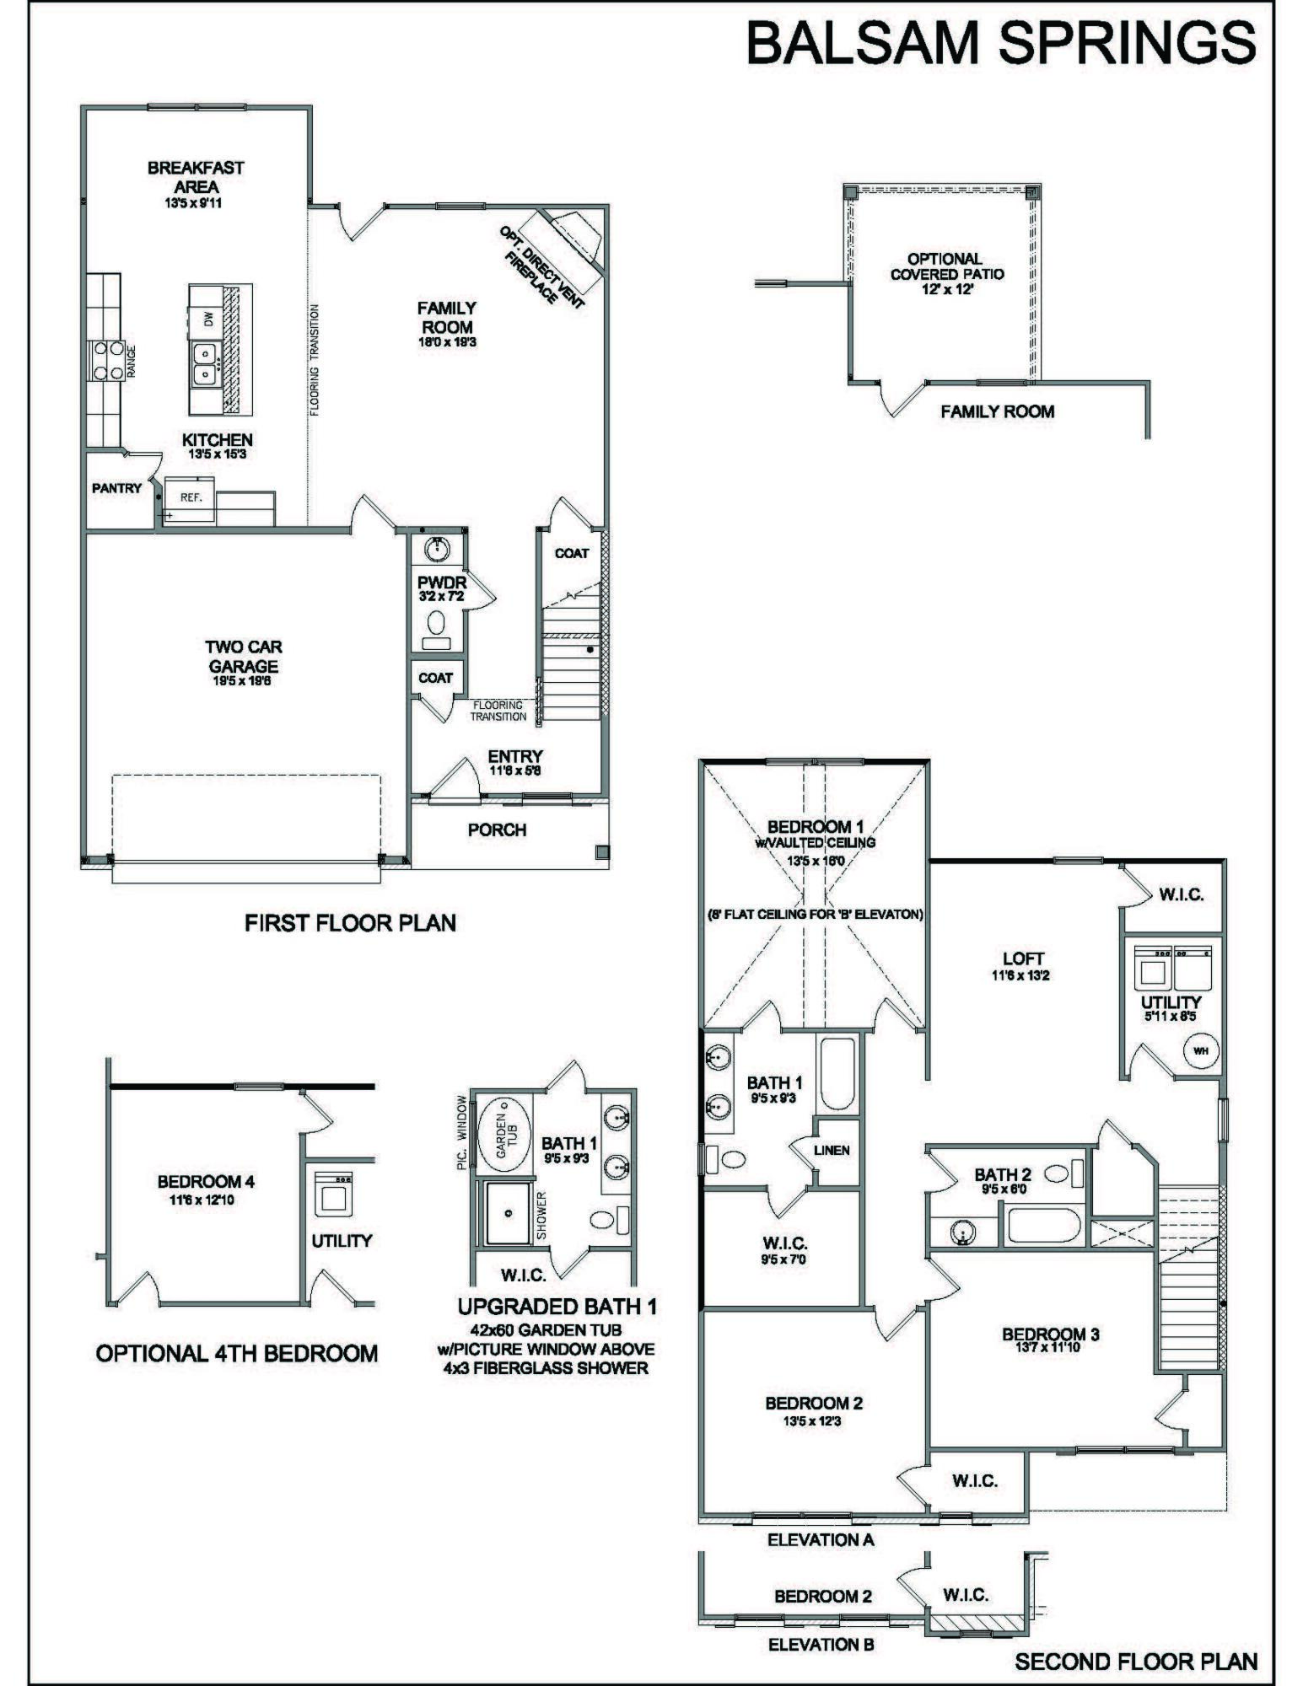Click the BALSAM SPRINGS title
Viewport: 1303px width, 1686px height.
(1000, 43)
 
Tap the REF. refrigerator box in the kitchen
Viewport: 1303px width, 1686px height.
(191, 497)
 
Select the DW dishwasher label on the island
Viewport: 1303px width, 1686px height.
(207, 319)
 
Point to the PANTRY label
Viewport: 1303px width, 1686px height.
(116, 488)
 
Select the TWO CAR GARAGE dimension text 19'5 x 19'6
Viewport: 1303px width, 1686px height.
(243, 680)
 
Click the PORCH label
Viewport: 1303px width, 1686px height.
(497, 830)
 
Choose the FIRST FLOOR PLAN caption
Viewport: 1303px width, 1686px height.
(350, 923)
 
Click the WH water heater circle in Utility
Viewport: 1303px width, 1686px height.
(1200, 1051)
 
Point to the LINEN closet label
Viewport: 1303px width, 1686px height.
(832, 1150)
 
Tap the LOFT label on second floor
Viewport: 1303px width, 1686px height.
(1023, 958)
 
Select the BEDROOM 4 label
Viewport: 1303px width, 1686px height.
(206, 1182)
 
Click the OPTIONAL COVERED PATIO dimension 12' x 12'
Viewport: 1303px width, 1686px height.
(947, 288)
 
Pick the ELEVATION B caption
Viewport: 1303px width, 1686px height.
(821, 1644)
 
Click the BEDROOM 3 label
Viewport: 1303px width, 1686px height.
(1050, 1334)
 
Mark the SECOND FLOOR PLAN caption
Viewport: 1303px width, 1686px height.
(1135, 1662)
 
